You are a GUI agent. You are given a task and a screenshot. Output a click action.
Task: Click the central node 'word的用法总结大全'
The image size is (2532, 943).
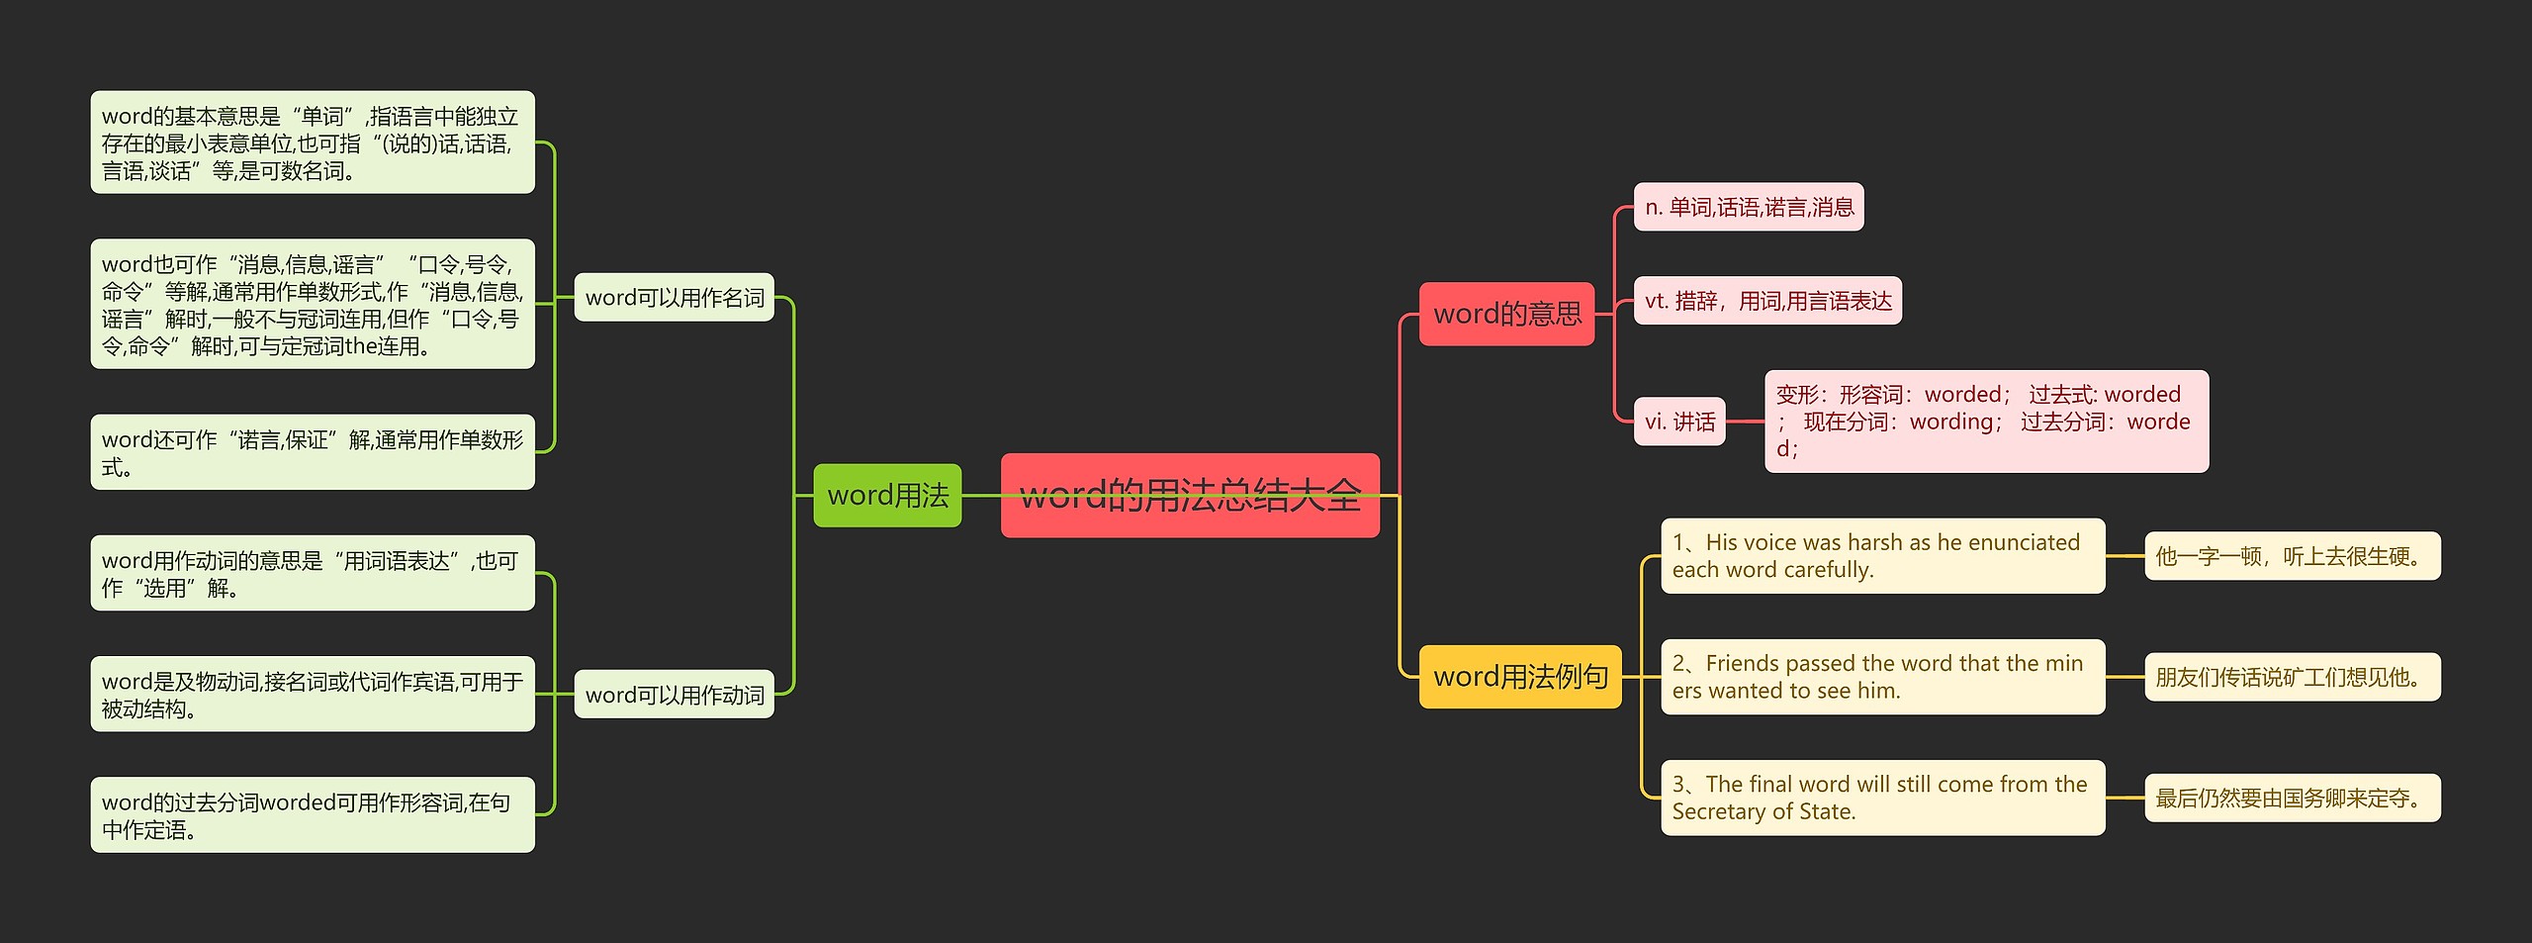coord(1190,495)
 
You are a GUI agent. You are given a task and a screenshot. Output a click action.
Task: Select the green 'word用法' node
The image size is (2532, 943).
coord(887,495)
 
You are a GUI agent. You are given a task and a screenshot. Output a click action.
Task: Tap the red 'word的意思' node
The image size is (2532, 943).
coord(1506,314)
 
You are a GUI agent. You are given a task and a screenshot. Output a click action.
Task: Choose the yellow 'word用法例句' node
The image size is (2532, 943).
coord(1520,676)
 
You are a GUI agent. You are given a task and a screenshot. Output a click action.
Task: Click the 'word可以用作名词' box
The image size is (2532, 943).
coord(674,297)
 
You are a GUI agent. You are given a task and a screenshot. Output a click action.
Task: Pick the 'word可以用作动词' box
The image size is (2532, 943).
coord(674,695)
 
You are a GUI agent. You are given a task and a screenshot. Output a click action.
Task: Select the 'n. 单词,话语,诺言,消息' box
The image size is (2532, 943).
coord(1749,207)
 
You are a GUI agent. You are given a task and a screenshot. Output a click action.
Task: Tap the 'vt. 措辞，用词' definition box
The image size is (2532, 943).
coord(1767,300)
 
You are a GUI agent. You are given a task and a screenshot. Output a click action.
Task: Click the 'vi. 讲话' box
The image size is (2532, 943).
coord(1679,422)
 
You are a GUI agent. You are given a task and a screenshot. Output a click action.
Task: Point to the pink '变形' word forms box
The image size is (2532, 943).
coord(1986,422)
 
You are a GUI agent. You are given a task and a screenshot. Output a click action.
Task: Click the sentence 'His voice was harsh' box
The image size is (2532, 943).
coord(1882,556)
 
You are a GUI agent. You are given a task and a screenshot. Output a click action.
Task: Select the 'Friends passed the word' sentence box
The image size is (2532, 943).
coord(1882,677)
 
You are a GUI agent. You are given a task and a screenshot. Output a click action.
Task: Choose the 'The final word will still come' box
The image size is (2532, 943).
coord(1882,798)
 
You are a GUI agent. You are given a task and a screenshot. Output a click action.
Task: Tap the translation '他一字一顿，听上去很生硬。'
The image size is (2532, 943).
coord(2292,556)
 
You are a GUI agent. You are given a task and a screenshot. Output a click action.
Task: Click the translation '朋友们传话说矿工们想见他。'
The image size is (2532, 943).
coord(2292,677)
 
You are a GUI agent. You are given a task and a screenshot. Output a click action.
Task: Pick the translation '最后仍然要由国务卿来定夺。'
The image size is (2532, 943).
coord(2292,798)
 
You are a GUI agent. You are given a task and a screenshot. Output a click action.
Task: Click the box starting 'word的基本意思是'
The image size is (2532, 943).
coord(313,142)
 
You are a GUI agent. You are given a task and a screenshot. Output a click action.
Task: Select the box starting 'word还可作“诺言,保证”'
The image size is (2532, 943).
coord(313,452)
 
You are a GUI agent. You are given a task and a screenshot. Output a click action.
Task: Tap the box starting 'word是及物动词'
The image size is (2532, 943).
coord(313,695)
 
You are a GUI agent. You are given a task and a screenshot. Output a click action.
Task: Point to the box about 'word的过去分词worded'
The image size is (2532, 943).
coord(313,815)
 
